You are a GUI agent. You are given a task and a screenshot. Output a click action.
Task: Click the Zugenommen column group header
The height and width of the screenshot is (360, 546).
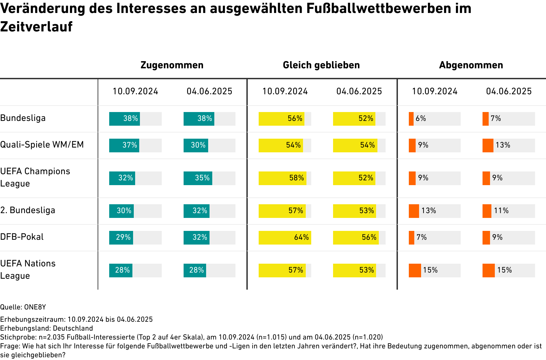172,65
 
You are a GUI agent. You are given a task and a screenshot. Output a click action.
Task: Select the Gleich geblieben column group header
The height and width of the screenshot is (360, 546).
321,65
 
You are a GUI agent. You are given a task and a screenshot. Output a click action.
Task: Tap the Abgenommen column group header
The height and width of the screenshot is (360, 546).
471,65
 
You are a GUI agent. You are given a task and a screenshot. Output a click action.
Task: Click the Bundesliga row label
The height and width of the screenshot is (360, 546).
23,118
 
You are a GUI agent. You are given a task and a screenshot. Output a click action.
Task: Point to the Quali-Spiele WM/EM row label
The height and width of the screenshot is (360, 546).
42,145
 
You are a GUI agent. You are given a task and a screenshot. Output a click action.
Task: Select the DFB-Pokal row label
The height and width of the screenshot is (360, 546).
22,237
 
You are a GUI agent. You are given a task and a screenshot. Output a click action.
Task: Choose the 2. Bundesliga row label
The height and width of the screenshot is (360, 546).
28,210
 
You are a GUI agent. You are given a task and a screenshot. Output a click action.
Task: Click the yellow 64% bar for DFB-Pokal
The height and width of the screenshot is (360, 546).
285,238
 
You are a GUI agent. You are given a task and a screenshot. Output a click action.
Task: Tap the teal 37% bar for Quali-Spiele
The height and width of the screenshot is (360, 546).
124,146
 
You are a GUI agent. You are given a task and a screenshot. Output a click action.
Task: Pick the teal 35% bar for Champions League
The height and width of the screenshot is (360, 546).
198,178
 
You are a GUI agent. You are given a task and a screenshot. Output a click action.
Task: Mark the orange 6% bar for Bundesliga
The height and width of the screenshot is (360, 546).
411,119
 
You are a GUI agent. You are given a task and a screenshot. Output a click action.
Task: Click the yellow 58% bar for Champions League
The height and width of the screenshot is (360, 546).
282,178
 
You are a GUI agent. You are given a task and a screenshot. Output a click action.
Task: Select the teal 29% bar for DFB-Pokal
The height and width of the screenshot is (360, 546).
121,238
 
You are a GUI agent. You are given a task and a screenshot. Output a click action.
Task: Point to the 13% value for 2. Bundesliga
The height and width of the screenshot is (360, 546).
429,211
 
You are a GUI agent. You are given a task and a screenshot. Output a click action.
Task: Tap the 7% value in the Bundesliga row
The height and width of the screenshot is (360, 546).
496,119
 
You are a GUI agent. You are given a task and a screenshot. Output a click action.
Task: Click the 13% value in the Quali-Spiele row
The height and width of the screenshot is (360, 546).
503,145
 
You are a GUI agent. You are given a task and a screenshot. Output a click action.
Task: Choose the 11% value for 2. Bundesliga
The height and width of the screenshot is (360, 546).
501,211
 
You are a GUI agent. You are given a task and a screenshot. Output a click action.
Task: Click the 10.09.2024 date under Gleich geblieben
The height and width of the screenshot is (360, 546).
285,92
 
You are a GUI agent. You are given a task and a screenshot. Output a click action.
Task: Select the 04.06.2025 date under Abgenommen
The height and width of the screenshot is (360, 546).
509,92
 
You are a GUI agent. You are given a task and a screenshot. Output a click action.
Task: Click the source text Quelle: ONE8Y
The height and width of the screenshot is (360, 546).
23,307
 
